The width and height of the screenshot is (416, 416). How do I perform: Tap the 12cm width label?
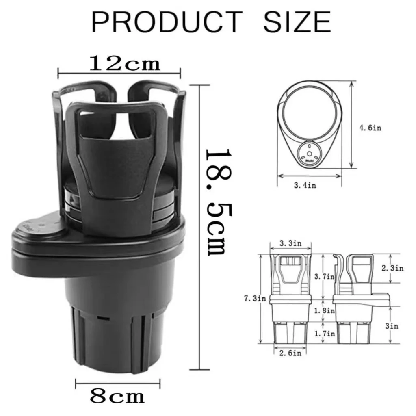[125, 64]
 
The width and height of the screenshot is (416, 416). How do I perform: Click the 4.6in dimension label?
[370, 128]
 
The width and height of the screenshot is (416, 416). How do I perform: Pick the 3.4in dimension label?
[305, 185]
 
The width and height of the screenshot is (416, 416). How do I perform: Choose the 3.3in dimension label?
[290, 243]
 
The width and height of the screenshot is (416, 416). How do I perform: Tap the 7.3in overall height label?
[255, 299]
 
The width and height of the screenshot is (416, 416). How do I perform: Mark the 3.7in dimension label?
[325, 276]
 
